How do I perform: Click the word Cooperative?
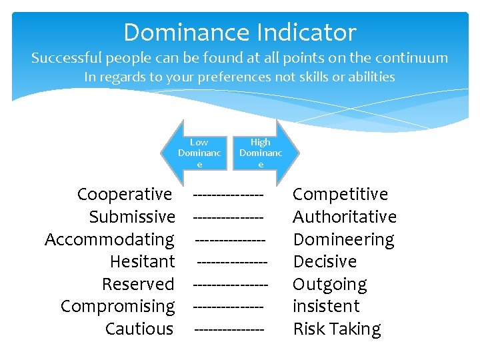click(x=125, y=195)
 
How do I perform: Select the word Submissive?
click(x=132, y=217)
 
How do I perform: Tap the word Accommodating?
click(x=109, y=239)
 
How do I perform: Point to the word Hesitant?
click(x=142, y=261)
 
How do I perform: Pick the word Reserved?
click(x=138, y=284)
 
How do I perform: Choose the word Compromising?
click(x=117, y=307)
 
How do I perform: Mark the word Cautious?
click(x=139, y=329)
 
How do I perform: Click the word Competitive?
click(x=340, y=195)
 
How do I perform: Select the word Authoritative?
click(x=345, y=217)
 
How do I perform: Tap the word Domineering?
click(x=343, y=239)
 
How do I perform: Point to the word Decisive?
click(x=325, y=261)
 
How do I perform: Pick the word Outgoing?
click(x=329, y=285)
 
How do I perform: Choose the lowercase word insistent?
click(x=326, y=306)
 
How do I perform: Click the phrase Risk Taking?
click(x=337, y=329)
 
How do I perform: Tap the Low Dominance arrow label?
click(x=199, y=153)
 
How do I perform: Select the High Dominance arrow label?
click(x=261, y=153)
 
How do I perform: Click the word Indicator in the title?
click(x=308, y=32)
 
